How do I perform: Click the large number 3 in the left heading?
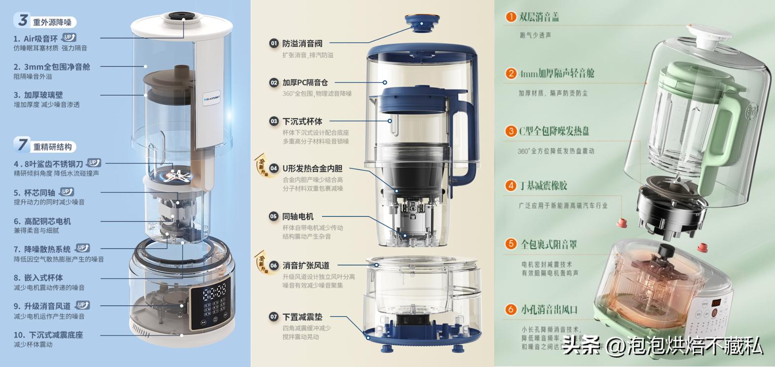tap(23, 20)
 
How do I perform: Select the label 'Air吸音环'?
tap(40, 38)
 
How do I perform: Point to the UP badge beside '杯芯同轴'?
tap(67, 192)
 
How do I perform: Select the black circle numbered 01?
tap(274, 43)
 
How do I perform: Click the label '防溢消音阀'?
tap(302, 43)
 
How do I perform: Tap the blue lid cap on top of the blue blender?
tap(422, 22)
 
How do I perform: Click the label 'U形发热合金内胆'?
tap(312, 168)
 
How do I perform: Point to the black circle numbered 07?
tap(274, 317)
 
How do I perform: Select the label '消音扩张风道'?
tap(306, 266)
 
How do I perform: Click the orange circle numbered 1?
tap(511, 17)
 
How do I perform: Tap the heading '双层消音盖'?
tap(539, 17)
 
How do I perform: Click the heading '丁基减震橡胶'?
tap(543, 186)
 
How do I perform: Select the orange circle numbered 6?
tap(511, 309)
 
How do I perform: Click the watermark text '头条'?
tap(582, 346)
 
